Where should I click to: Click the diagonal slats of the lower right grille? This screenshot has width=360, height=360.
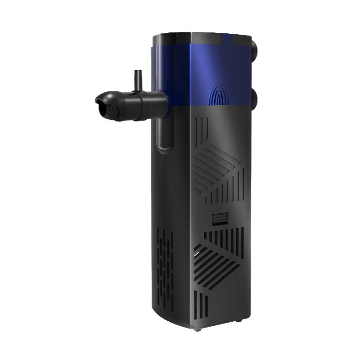pyautogui.click(x=216, y=265)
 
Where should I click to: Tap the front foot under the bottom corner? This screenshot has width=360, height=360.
pyautogui.click(x=197, y=330)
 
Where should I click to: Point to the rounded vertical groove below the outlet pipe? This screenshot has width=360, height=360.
pyautogui.click(x=164, y=135)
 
